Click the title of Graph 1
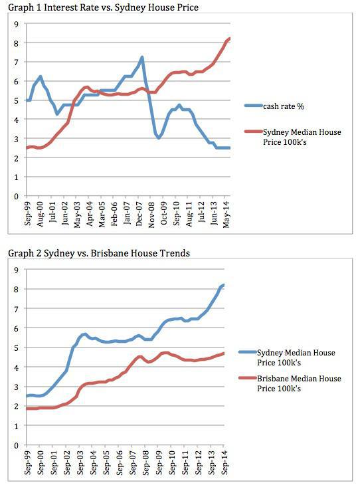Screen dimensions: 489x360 coord(103,7)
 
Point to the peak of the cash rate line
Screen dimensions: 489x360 coord(142,57)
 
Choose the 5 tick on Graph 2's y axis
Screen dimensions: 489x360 coord(15,347)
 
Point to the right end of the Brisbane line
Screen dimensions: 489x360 coord(224,353)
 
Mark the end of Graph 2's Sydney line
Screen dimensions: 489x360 coord(224,285)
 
